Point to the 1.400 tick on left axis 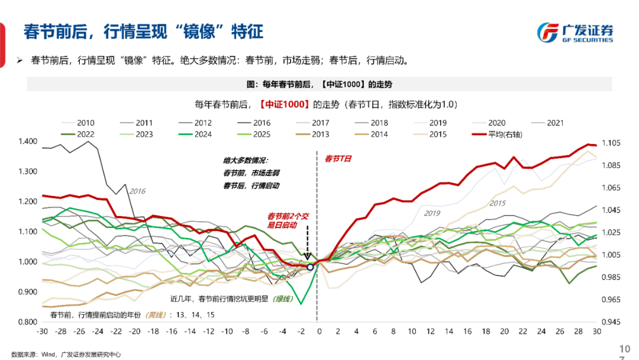pyautogui.click(x=28, y=142)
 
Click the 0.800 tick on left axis pyautogui.click(x=28, y=322)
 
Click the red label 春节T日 pyautogui.click(x=338, y=159)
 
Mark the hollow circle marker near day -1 pyautogui.click(x=309, y=267)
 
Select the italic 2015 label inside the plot pyautogui.click(x=498, y=203)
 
